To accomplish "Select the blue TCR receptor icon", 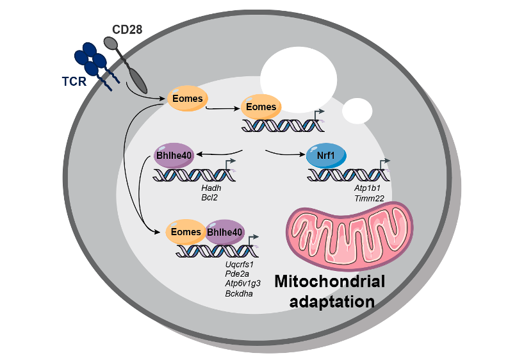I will [92, 62].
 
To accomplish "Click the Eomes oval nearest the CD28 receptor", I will [188, 99].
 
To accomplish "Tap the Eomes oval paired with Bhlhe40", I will [186, 232].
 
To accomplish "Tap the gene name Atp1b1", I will [368, 190].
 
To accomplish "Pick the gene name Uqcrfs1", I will [240, 264].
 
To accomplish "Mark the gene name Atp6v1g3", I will [241, 284].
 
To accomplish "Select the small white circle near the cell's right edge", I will [357, 111].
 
